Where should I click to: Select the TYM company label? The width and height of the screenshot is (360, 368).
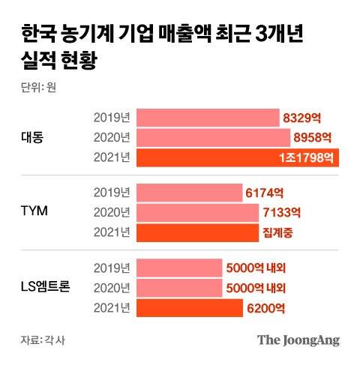[34, 211]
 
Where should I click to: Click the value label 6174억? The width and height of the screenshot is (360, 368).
[263, 191]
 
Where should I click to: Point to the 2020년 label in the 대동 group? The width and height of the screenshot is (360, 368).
[112, 137]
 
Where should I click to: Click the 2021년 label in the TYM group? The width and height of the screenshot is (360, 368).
[112, 232]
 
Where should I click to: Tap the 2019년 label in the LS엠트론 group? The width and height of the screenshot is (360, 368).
[112, 266]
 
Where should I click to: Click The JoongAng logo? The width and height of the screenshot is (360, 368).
[298, 340]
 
